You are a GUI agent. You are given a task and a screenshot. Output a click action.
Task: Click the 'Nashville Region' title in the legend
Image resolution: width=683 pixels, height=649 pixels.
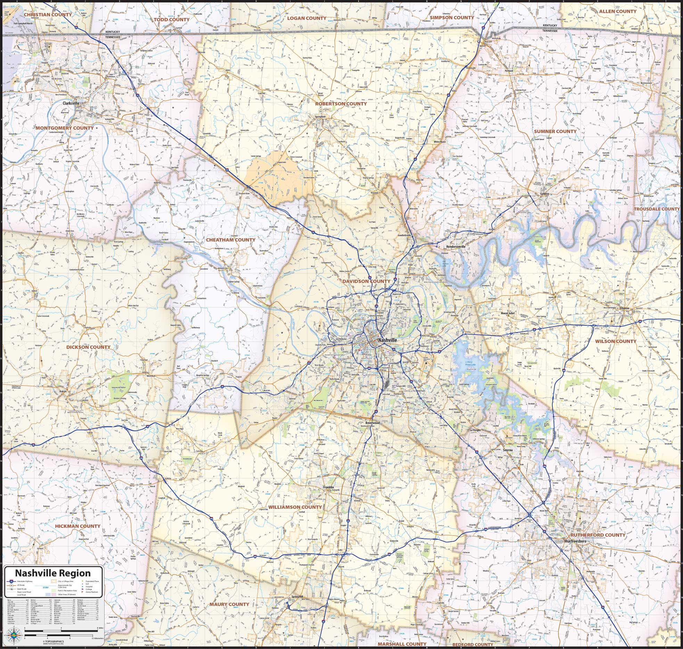pyautogui.click(x=53, y=573)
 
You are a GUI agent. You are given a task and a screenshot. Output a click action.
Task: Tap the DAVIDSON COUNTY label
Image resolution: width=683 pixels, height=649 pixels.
pyautogui.click(x=366, y=281)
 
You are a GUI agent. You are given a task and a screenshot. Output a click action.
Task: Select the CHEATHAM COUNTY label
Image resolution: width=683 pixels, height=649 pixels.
pyautogui.click(x=230, y=240)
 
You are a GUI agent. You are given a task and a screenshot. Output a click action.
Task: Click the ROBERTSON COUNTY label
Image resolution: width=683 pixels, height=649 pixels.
pyautogui.click(x=340, y=104)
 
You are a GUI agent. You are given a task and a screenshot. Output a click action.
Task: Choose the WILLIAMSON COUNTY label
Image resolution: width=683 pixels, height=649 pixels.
pyautogui.click(x=295, y=507)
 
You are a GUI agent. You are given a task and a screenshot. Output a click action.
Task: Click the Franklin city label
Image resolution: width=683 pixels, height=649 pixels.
pyautogui.click(x=328, y=487)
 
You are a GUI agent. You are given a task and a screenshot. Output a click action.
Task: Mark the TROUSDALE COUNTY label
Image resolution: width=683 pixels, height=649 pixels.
pyautogui.click(x=657, y=209)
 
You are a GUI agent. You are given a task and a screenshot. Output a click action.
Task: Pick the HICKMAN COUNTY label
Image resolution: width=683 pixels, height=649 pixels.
pyautogui.click(x=77, y=526)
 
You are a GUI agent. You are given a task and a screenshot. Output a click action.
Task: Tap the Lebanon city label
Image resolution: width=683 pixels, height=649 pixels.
pyautogui.click(x=624, y=308)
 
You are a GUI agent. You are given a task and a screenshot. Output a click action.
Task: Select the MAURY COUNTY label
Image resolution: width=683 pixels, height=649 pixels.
pyautogui.click(x=229, y=604)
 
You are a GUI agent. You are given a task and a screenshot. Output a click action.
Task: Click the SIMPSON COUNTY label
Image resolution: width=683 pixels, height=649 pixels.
pyautogui.click(x=452, y=17)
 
